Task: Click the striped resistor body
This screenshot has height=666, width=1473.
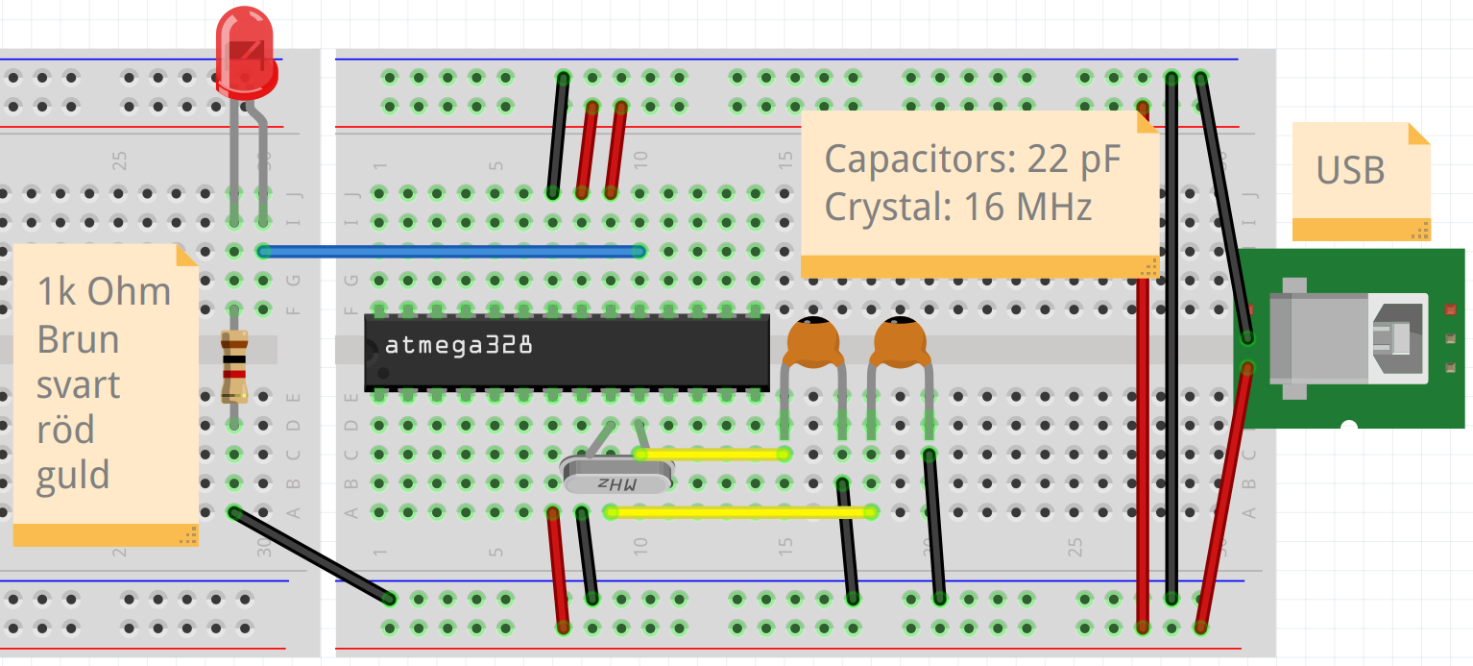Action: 234,366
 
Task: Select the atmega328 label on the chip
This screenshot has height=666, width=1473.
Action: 458,345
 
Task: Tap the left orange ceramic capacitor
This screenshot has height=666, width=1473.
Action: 813,342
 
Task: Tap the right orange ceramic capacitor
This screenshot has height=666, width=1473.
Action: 900,342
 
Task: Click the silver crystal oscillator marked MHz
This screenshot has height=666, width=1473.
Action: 616,475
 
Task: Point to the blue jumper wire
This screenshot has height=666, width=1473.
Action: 451,251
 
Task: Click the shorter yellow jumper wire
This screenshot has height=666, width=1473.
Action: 712,454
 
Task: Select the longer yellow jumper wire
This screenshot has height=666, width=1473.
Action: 741,512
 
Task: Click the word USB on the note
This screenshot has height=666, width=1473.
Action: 1351,170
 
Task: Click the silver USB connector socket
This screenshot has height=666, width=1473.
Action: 1348,338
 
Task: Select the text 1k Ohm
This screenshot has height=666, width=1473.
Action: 104,291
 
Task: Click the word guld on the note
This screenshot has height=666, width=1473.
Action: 72,476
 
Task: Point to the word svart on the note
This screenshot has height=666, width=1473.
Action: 78,385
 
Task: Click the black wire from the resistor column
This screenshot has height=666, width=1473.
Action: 312,556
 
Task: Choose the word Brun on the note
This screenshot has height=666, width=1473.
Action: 78,339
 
